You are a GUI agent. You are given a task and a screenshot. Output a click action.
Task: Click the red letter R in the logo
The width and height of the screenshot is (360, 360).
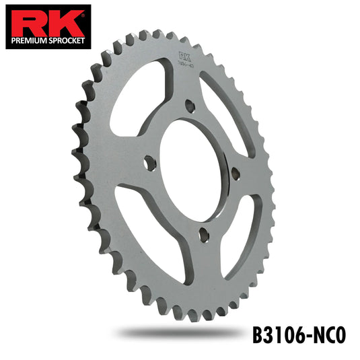29,24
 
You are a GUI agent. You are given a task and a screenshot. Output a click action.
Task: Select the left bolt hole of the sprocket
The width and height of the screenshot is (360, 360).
149,161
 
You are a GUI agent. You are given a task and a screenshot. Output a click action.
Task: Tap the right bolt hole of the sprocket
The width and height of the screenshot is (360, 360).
236,174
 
